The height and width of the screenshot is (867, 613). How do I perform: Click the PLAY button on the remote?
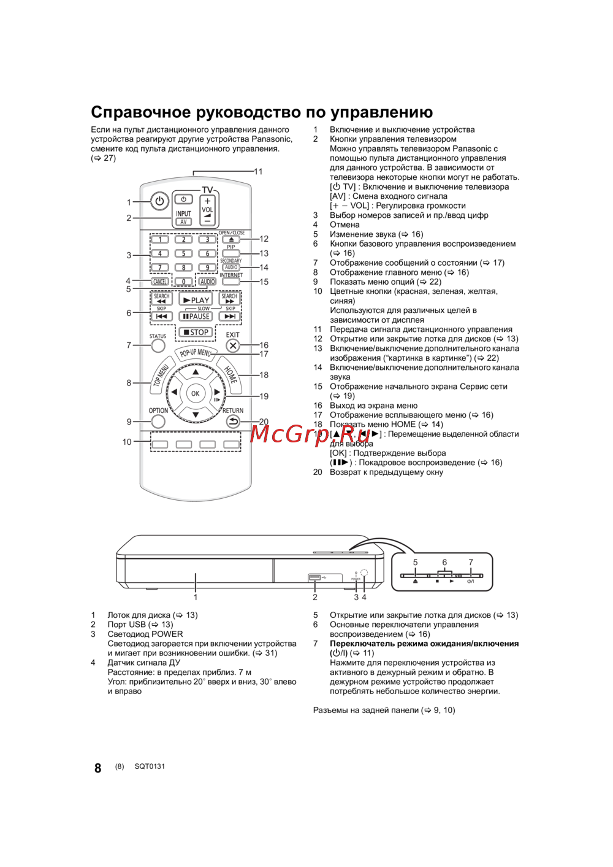point(196,300)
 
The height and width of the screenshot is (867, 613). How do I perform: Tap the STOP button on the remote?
point(196,333)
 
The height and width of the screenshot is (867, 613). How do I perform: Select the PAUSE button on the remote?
point(196,317)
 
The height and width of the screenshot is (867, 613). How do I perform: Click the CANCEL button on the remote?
point(160,282)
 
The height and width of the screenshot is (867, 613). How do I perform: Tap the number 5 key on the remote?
point(183,253)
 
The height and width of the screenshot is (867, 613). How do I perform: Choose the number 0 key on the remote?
point(183,282)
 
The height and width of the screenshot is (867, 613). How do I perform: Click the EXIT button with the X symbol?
point(233,345)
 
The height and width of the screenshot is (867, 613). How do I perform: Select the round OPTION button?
point(158,422)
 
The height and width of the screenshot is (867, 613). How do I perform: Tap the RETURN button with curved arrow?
point(233,422)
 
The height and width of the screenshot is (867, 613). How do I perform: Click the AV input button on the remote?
point(183,222)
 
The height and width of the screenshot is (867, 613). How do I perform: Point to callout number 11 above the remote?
point(258,172)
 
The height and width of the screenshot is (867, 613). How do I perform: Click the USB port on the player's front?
point(314,577)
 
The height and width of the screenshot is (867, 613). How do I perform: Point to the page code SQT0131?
point(150,766)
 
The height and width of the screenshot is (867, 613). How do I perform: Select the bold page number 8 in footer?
point(97,768)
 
